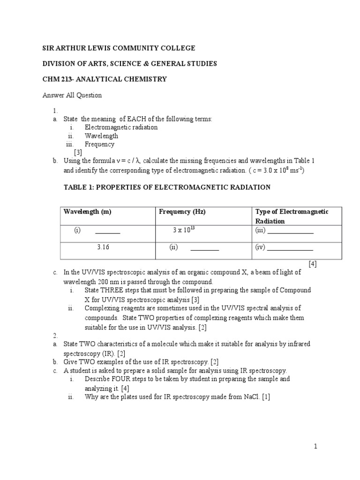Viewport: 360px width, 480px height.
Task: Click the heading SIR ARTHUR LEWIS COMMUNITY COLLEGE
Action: (x=119, y=48)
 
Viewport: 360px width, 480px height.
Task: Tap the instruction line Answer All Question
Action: (x=72, y=95)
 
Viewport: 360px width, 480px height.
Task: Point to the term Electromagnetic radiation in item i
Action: (x=121, y=127)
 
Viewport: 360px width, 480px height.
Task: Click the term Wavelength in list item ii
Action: (x=101, y=136)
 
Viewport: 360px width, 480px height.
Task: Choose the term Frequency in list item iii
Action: (x=99, y=144)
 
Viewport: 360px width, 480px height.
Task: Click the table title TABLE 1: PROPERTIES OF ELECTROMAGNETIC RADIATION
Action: (x=167, y=187)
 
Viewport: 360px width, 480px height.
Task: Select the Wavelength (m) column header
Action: (x=88, y=212)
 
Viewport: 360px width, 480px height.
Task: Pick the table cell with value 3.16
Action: (x=103, y=247)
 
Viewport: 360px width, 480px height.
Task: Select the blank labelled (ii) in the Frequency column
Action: (x=204, y=248)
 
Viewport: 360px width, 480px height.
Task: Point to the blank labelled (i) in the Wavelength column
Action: (x=107, y=232)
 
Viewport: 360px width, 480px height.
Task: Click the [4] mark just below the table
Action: (x=313, y=264)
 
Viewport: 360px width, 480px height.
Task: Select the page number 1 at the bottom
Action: (x=316, y=447)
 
